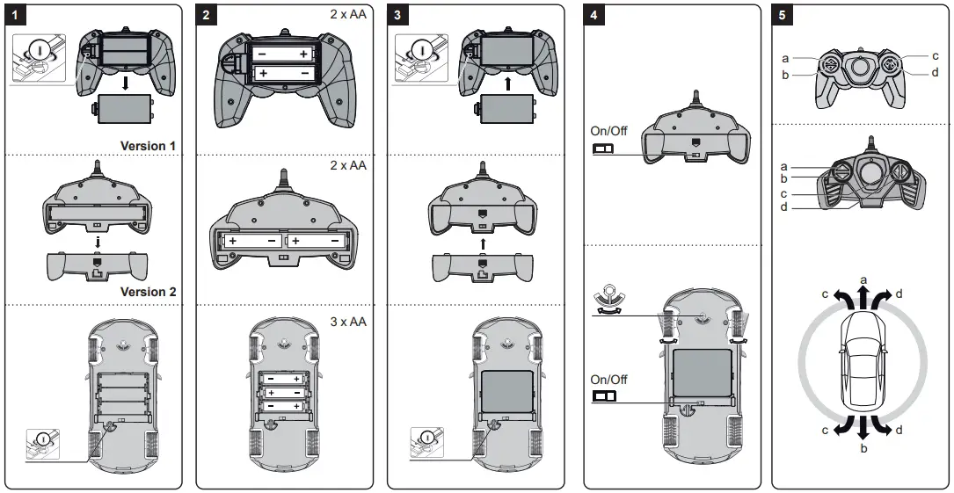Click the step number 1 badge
click(15, 16)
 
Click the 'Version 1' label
click(142, 145)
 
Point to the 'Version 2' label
click(142, 292)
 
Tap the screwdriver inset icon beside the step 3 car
click(426, 441)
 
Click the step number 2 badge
click(207, 16)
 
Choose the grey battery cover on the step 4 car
click(701, 373)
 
